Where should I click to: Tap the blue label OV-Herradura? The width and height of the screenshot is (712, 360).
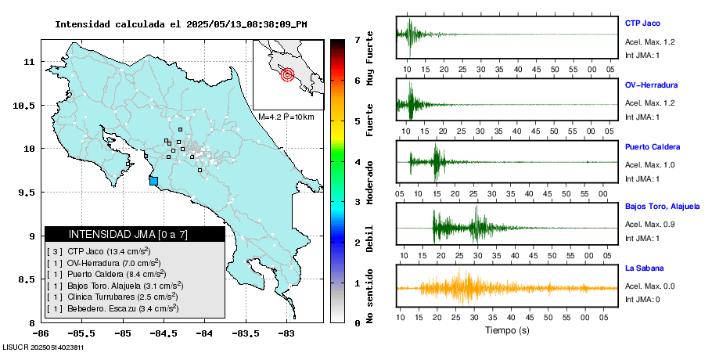(651, 85)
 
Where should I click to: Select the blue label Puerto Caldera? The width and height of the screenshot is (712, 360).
(653, 146)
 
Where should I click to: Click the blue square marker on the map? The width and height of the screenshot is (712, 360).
(153, 181)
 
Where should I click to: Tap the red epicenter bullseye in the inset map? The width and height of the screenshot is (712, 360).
(287, 75)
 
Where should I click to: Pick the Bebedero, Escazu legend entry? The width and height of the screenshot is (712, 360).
(114, 308)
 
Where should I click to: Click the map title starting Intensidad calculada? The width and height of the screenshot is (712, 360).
(181, 24)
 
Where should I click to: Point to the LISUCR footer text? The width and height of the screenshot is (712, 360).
(43, 347)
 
